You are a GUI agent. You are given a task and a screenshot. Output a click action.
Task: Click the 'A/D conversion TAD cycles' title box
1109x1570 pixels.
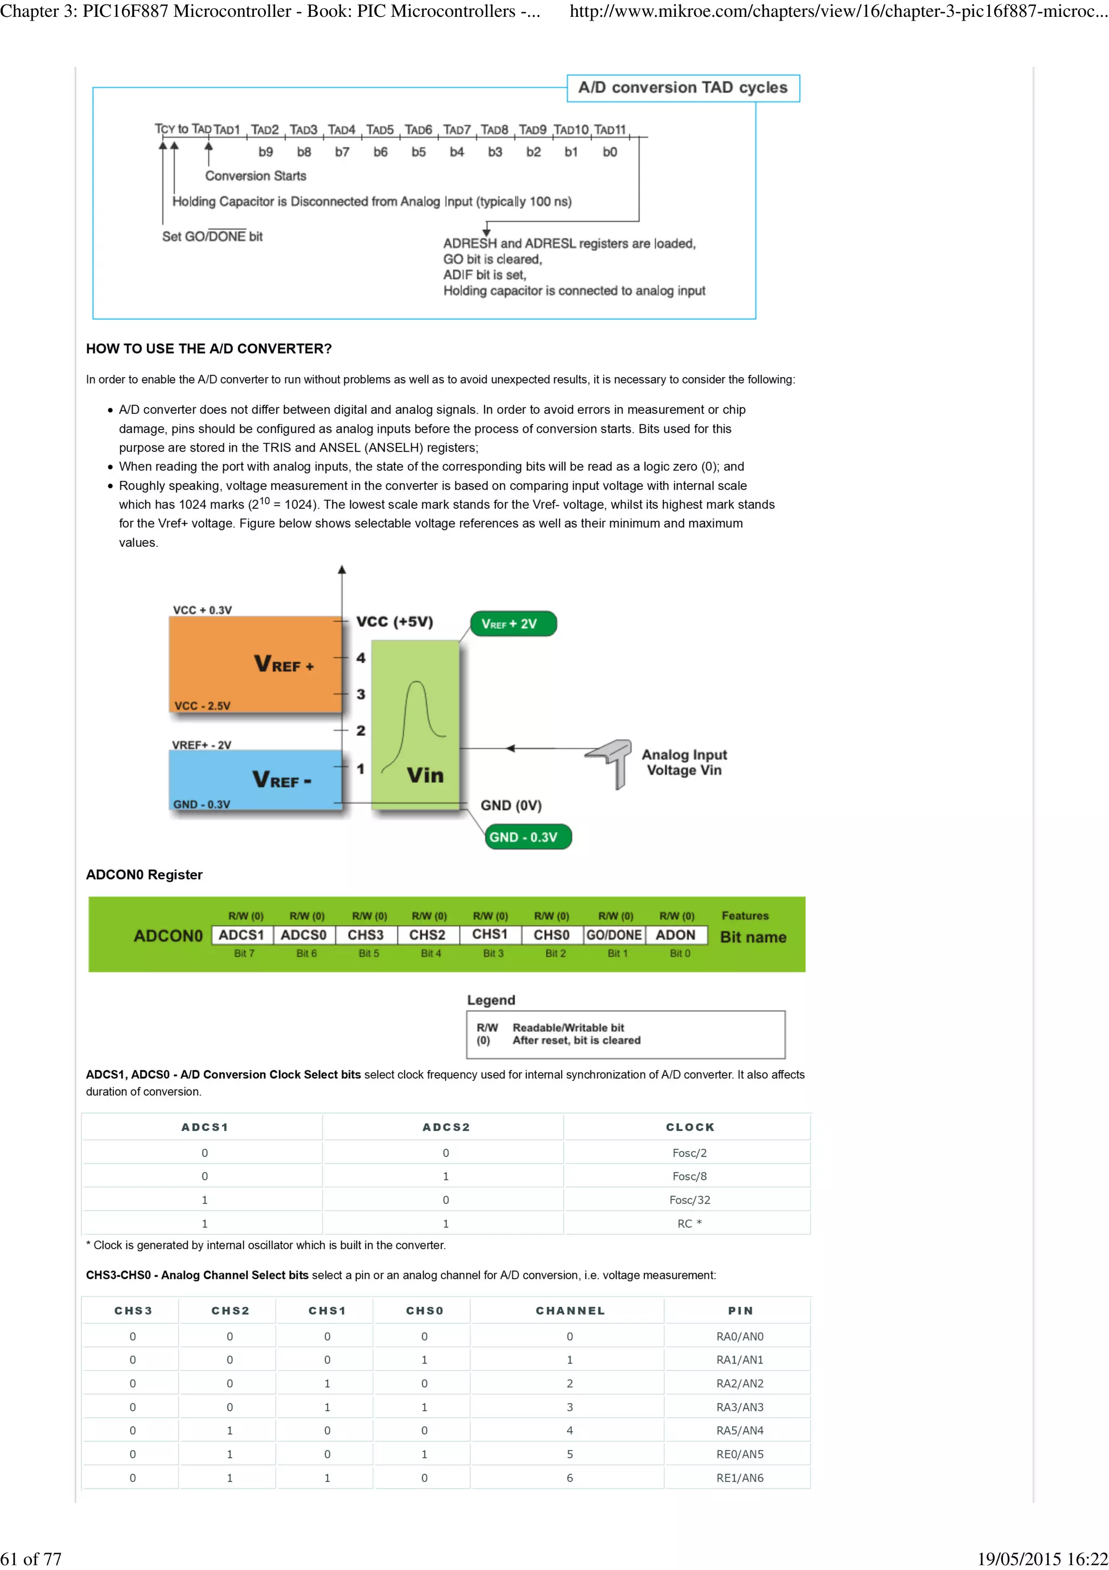(x=683, y=88)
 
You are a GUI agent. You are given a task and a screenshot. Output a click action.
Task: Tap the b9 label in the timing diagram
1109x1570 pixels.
(x=265, y=152)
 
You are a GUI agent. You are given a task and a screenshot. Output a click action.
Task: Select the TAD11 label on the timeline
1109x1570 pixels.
(x=610, y=130)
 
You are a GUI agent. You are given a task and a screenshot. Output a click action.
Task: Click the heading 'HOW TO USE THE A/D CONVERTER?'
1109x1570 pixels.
(x=208, y=349)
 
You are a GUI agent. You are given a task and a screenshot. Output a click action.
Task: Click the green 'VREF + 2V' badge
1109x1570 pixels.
(x=513, y=624)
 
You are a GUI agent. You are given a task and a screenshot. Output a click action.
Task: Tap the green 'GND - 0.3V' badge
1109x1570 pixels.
(x=527, y=837)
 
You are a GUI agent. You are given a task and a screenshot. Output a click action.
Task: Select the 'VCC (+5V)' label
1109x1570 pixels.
(x=395, y=621)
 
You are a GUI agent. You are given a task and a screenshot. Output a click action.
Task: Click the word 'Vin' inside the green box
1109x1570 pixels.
(x=425, y=775)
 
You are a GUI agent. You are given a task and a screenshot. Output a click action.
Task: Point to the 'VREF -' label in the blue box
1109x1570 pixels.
(x=282, y=780)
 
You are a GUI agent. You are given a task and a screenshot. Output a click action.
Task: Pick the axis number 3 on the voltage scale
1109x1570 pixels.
(x=361, y=694)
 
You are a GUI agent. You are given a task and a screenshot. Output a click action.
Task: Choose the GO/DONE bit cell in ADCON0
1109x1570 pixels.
(x=614, y=935)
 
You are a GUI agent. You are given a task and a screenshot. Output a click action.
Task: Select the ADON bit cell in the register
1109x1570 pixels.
(x=675, y=935)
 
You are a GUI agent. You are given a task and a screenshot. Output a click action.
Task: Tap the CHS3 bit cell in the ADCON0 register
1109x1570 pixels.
(x=366, y=935)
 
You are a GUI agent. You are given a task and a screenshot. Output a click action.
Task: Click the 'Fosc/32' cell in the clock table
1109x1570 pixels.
(x=689, y=1200)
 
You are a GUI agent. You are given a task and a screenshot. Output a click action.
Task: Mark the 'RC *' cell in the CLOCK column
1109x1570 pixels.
(x=689, y=1223)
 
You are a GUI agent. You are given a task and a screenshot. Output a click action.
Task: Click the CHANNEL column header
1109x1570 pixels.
(x=570, y=1311)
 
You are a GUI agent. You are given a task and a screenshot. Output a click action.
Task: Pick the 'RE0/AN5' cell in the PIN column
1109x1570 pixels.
(x=739, y=1455)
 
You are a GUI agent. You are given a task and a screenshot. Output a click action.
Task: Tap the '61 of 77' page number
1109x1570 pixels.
(x=31, y=1559)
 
